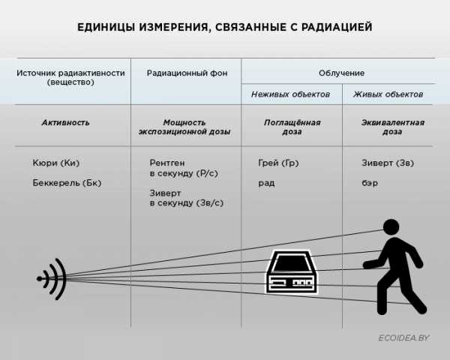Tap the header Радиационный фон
pos(187,73)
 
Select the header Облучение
pos(341,73)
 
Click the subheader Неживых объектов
pos(290,94)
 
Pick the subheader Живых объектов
pos(388,94)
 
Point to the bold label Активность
pos(65,122)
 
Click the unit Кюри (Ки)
pos(56,163)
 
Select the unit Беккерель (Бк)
pos(67,182)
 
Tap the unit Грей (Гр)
pos(277,163)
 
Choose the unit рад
pos(265,182)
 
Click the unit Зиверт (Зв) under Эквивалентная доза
pos(387,163)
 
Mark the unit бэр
pos(370,182)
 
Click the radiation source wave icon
pos(53,279)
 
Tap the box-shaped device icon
pos(292,273)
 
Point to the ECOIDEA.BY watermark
pos(404,339)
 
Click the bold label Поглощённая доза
pos(292,127)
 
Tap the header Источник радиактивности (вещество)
pos(70,78)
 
